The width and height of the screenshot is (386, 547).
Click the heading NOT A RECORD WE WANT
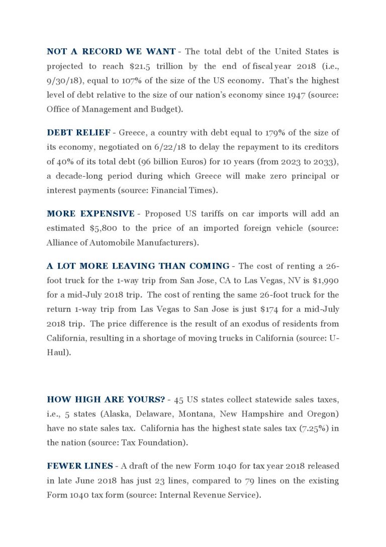click(111, 51)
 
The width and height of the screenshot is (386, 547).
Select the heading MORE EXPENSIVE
click(90, 214)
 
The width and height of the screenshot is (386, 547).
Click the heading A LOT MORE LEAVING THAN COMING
click(138, 266)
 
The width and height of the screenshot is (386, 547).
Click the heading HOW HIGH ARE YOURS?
click(106, 399)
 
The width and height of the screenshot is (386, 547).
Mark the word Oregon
click(320, 414)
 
